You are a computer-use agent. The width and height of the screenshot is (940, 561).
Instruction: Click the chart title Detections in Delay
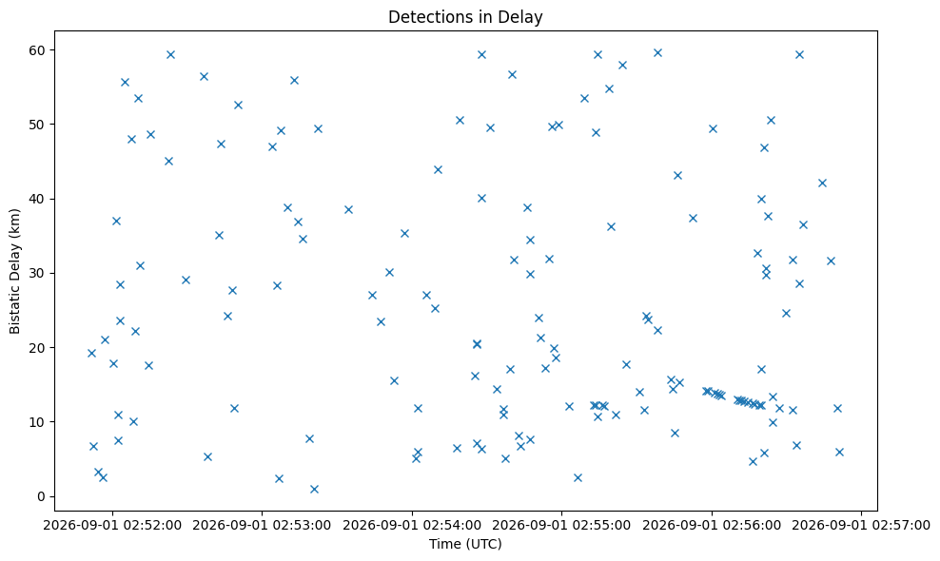[465, 17]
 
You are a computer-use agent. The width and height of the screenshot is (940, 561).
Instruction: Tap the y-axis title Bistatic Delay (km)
[14, 271]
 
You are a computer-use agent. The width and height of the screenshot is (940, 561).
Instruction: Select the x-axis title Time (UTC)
[465, 544]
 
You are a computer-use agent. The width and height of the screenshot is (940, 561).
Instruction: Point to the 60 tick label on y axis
[38, 49]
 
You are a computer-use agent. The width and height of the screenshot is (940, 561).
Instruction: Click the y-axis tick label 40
[38, 199]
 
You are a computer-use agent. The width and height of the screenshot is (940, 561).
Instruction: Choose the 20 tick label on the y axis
[38, 348]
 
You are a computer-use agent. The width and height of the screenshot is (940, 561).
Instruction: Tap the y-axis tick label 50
[38, 124]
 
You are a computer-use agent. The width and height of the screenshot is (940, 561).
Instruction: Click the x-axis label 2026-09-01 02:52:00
[112, 526]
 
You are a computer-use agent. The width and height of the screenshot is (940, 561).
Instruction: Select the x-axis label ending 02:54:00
[412, 526]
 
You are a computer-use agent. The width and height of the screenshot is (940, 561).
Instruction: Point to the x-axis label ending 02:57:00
[861, 526]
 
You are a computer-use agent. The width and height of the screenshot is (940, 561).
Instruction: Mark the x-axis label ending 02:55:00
[561, 526]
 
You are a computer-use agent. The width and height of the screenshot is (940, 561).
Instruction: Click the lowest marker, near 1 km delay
[314, 489]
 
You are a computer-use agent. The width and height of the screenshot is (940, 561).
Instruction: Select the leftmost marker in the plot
[91, 353]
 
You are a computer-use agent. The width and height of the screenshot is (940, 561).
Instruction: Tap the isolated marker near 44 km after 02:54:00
[438, 169]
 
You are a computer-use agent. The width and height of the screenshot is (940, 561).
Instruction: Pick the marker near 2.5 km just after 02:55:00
[578, 477]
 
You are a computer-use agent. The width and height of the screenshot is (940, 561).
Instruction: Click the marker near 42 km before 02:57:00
[822, 183]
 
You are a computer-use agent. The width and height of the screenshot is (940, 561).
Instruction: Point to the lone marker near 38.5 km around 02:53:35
[348, 209]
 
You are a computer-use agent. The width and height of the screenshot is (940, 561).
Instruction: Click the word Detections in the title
[422, 17]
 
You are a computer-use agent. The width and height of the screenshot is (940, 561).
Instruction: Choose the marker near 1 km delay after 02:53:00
[314, 489]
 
